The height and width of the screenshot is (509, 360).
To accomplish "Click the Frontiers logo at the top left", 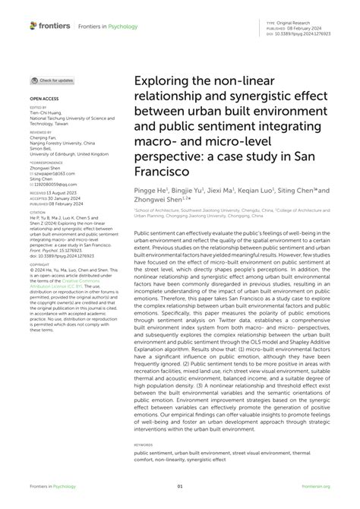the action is [48, 25].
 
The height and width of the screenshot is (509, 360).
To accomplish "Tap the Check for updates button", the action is [52, 80].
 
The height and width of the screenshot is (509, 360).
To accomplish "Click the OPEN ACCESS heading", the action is [44, 100].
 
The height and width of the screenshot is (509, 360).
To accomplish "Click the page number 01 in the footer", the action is [180, 487].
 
